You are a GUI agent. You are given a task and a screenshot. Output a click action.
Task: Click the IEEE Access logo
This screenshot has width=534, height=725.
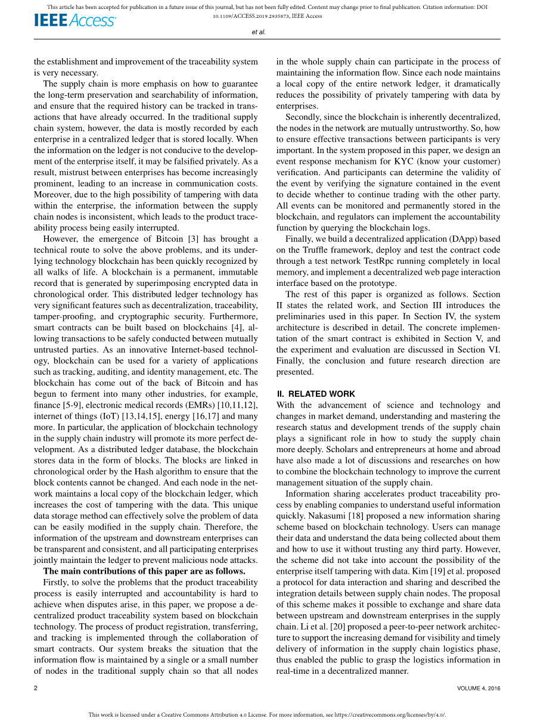(75, 20)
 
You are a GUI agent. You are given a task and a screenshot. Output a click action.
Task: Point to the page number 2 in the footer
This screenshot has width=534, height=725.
(36, 688)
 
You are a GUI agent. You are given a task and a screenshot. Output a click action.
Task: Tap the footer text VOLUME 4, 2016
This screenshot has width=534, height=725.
(479, 688)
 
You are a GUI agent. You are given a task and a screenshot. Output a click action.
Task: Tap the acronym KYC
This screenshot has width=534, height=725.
(407, 161)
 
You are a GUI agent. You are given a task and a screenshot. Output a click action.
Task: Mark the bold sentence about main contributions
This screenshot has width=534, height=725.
(144, 571)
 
